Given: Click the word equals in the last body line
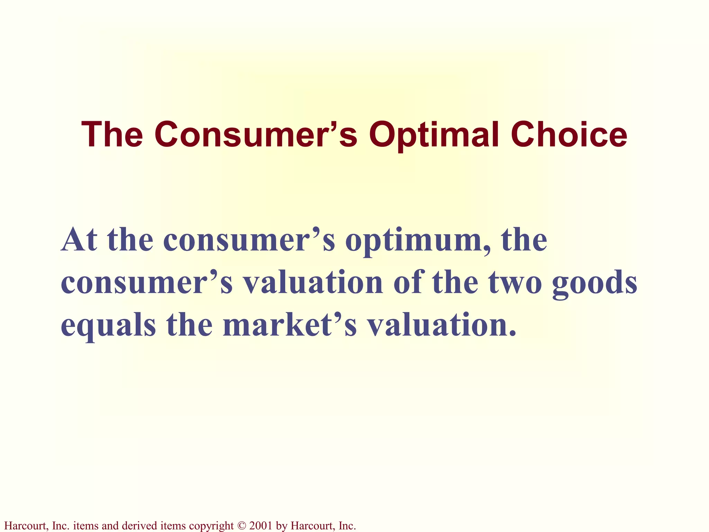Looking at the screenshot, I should point(108,326).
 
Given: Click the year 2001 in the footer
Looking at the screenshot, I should point(260,526).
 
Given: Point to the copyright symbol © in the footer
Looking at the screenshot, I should point(241,526).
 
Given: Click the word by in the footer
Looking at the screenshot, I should point(282,526).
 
